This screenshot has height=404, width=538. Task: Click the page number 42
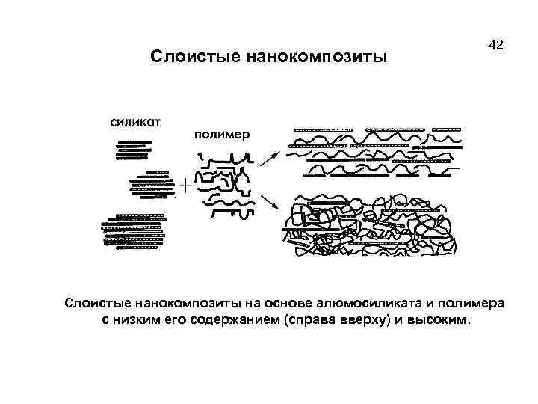[x=496, y=45]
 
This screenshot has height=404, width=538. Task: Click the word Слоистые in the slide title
[x=193, y=58]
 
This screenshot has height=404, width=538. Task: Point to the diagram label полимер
[x=223, y=135]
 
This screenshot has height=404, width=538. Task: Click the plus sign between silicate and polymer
[x=184, y=183]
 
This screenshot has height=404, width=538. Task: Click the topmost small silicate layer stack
[x=133, y=150]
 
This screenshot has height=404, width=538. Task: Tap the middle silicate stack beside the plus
[x=151, y=185]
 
